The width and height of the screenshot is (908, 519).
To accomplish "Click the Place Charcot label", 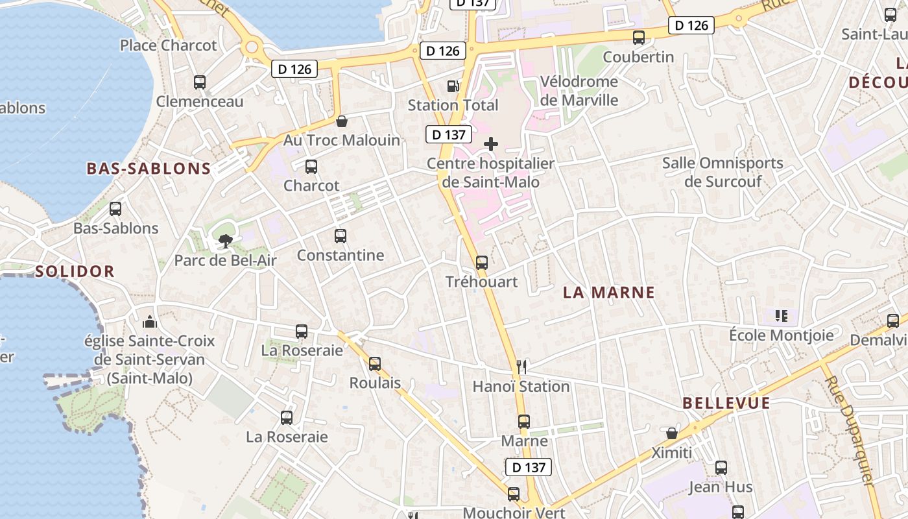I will (x=169, y=45).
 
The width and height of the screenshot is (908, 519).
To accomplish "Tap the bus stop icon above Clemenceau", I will (x=200, y=82).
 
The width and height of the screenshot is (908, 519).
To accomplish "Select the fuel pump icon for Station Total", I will (x=453, y=86).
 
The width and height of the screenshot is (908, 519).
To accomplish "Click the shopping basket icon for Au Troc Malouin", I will (x=342, y=121).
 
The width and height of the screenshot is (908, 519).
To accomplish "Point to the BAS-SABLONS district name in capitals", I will (x=149, y=169).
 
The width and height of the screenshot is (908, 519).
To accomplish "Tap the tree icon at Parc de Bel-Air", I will (x=225, y=242).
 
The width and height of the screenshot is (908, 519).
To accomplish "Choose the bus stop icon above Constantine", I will (x=340, y=236).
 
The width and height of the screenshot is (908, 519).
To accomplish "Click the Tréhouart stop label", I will (x=481, y=282).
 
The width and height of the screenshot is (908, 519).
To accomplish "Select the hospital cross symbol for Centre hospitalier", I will (x=491, y=144).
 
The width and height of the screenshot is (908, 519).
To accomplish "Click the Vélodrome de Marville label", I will (x=579, y=91).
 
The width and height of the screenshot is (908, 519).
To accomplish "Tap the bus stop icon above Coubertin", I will (x=639, y=38).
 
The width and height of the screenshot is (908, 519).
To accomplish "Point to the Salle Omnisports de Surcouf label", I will (x=723, y=172).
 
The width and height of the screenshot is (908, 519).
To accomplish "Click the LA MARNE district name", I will (x=609, y=293).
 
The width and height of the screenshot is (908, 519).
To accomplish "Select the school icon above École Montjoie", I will (x=782, y=316).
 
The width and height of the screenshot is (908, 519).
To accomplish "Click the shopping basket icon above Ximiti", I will (x=672, y=433).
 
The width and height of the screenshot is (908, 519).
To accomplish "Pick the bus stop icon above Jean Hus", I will (x=721, y=468).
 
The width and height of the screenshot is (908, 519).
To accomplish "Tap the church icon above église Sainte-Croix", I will (x=150, y=322).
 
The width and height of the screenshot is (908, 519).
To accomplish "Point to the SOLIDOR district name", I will (x=75, y=271).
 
